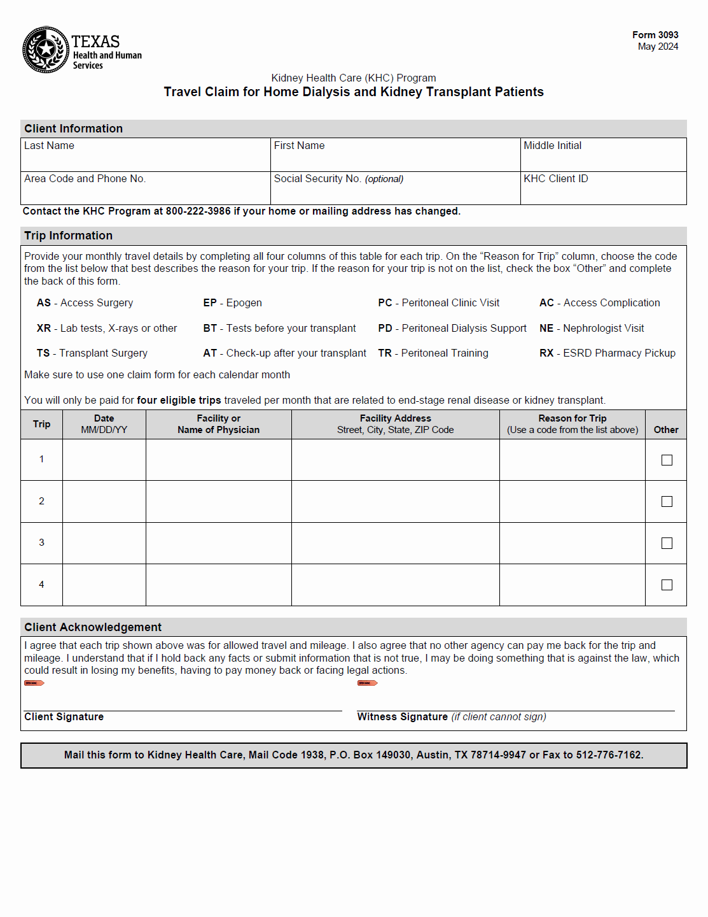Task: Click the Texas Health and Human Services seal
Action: coord(46,50)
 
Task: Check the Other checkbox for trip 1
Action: coord(667,460)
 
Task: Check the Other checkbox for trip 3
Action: coord(667,543)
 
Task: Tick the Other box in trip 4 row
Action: coord(667,585)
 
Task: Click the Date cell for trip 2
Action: coord(104,502)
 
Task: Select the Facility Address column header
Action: coord(395,424)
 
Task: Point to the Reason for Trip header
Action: coord(572,424)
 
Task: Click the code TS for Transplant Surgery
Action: coord(43,353)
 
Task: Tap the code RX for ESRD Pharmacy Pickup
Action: coord(546,353)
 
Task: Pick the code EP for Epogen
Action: coord(210,303)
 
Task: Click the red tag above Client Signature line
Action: coord(34,683)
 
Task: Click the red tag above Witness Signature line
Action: coord(368,683)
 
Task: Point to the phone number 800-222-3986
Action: coord(198,211)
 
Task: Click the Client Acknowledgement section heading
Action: coord(93,627)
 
